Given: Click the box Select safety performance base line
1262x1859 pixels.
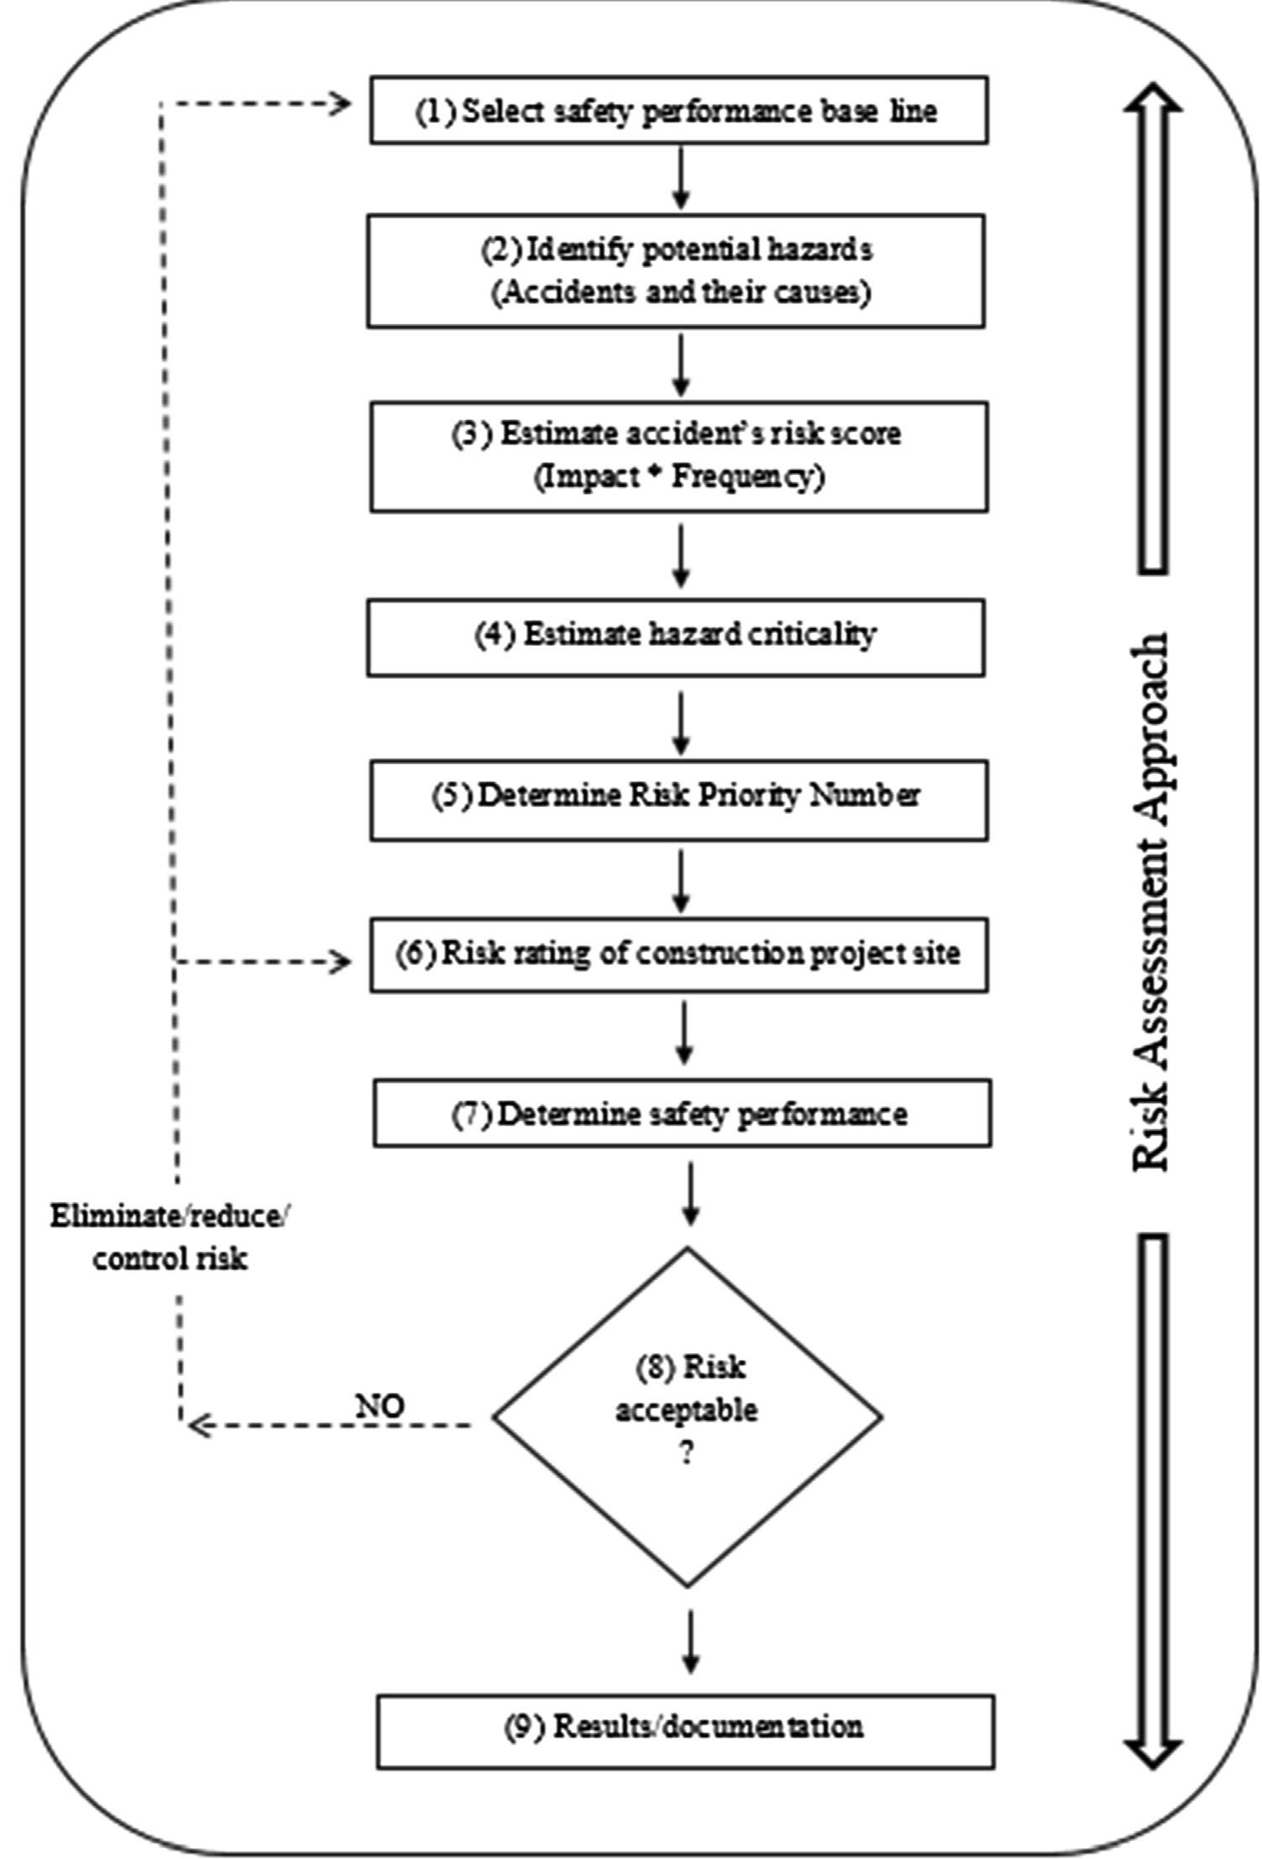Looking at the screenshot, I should (x=678, y=110).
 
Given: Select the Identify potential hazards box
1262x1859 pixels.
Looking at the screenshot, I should (x=676, y=270).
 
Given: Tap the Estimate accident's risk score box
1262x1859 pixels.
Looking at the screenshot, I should (x=678, y=456).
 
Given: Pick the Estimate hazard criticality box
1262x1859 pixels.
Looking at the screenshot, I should (x=676, y=637).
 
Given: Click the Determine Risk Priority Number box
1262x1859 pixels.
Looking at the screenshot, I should (x=678, y=800).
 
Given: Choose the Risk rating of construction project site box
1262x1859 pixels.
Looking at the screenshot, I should (x=678, y=955).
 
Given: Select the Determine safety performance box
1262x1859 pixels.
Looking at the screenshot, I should (x=682, y=1113).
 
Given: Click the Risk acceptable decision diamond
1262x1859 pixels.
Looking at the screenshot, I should (x=687, y=1416).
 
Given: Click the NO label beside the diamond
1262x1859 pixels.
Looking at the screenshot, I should (x=380, y=1406).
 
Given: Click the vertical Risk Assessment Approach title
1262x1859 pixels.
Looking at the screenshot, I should (x=1149, y=903).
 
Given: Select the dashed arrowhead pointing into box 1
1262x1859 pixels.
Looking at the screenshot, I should (x=339, y=104).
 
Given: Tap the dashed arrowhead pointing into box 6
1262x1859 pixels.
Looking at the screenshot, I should (x=340, y=962).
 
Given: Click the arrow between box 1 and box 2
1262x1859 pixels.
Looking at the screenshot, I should (x=681, y=178).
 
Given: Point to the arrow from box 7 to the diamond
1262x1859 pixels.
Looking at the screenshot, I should (x=689, y=1193).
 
